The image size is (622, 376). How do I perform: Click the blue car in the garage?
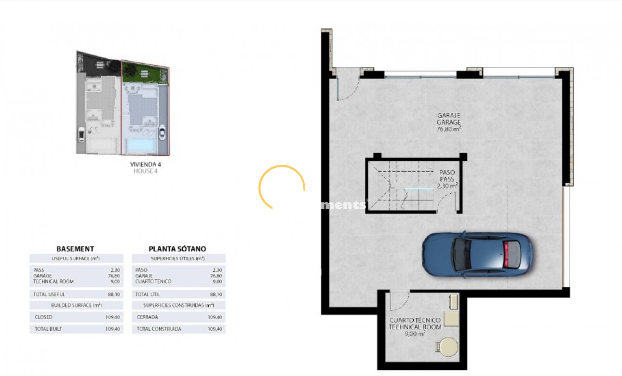[477, 255]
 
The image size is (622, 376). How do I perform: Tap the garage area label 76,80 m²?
[448, 129]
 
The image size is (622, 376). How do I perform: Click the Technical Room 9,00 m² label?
[415, 326]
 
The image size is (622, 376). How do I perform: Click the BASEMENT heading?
[75, 249]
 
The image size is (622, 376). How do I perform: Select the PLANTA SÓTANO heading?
[177, 249]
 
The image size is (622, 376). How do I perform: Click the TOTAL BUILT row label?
[48, 329]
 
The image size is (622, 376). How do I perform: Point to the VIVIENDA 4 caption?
[146, 164]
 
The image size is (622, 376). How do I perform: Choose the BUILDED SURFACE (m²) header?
[76, 305]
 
